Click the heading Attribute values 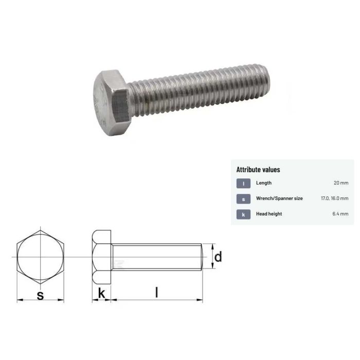point(258,169)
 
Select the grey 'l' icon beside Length point(243,183)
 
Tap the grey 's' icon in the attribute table point(243,199)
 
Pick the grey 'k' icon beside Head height point(243,214)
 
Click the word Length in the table point(264,183)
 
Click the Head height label point(269,214)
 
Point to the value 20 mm point(340,183)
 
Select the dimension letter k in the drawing point(102,293)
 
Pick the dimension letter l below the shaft point(157,293)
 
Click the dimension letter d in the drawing point(218,256)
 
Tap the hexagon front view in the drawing point(40,256)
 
